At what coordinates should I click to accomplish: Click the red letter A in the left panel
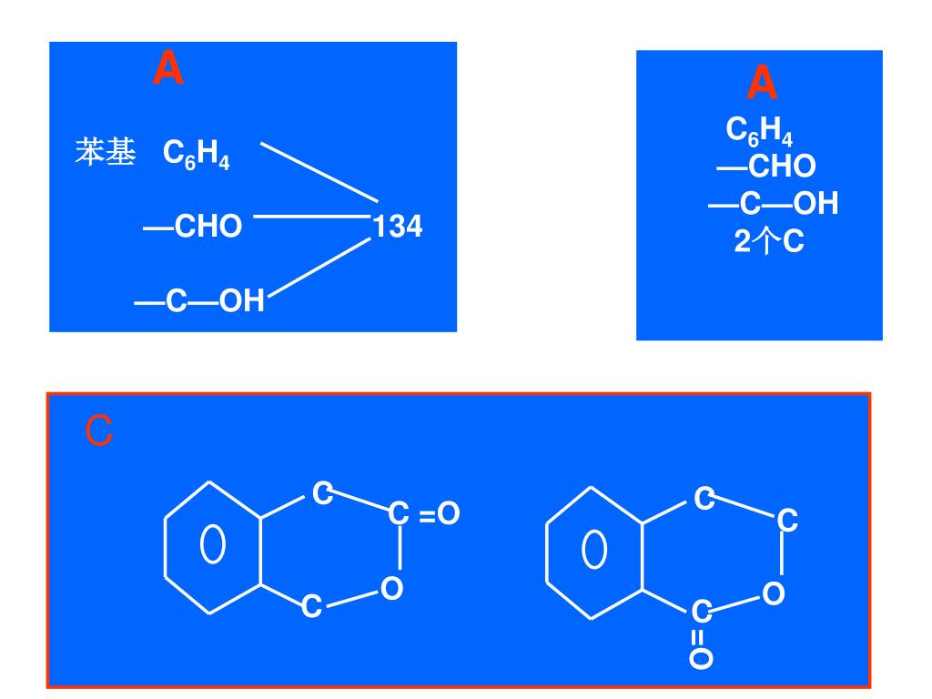coord(168,69)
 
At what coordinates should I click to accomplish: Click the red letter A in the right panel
coord(762,85)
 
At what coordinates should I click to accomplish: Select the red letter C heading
coord(99,431)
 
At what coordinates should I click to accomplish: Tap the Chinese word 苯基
coord(105,152)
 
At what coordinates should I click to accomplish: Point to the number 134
coord(398,227)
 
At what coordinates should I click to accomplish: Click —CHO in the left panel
coord(193,227)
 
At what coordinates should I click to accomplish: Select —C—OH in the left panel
coord(199,300)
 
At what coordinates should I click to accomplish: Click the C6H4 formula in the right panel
coord(759,132)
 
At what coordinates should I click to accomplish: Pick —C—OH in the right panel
coord(773,204)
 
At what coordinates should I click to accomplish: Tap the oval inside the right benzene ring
coord(594,549)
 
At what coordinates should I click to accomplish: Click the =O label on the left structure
coord(440,514)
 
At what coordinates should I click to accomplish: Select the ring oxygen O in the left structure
coord(391,589)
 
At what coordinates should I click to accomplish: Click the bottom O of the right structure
coord(700,658)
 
